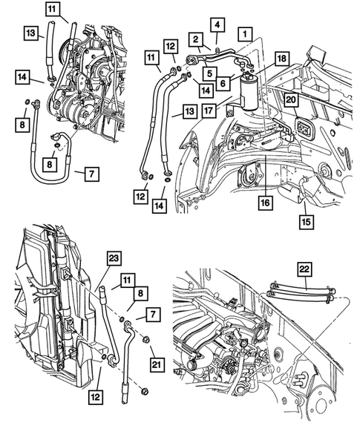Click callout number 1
point(243,33)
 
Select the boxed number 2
point(195,39)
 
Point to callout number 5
point(211,73)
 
